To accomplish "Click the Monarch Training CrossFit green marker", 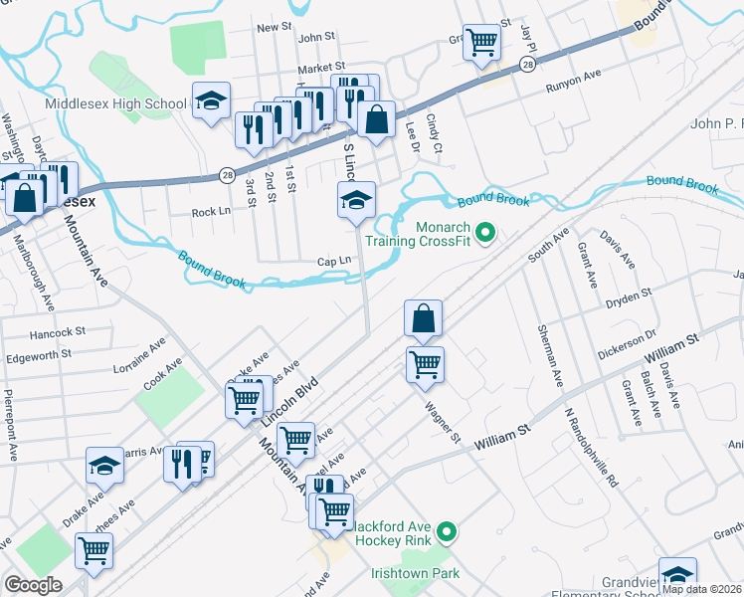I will point(485,234).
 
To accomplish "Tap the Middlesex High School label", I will point(115,103).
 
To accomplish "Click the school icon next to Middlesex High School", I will point(211,100).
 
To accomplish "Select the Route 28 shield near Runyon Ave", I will point(526,64).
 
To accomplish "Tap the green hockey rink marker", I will point(447,534).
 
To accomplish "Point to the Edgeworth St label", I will point(39,353).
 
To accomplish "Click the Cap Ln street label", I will point(334,261).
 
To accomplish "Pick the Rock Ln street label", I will point(211,212).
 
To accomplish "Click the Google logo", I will point(34,584).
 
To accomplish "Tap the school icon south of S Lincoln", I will point(356,199).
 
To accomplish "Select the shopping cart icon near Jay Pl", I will point(481,41).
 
